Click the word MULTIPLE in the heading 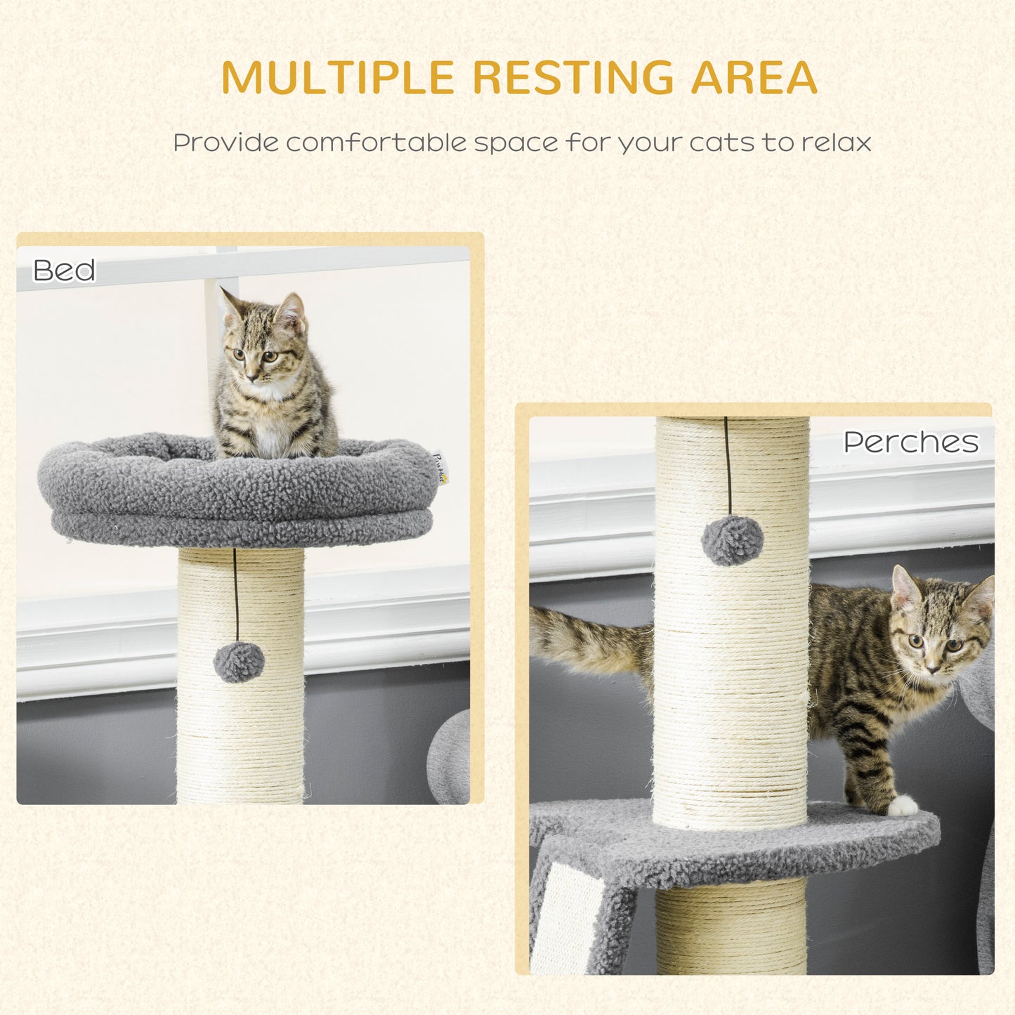click(x=338, y=77)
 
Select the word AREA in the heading click(x=754, y=77)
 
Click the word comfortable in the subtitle click(x=376, y=143)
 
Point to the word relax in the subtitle click(x=836, y=143)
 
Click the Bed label click(x=64, y=270)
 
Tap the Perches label click(x=910, y=442)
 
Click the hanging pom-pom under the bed click(x=239, y=662)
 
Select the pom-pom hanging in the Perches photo click(x=732, y=539)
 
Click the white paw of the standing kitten click(x=902, y=806)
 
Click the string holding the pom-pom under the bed click(x=236, y=597)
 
